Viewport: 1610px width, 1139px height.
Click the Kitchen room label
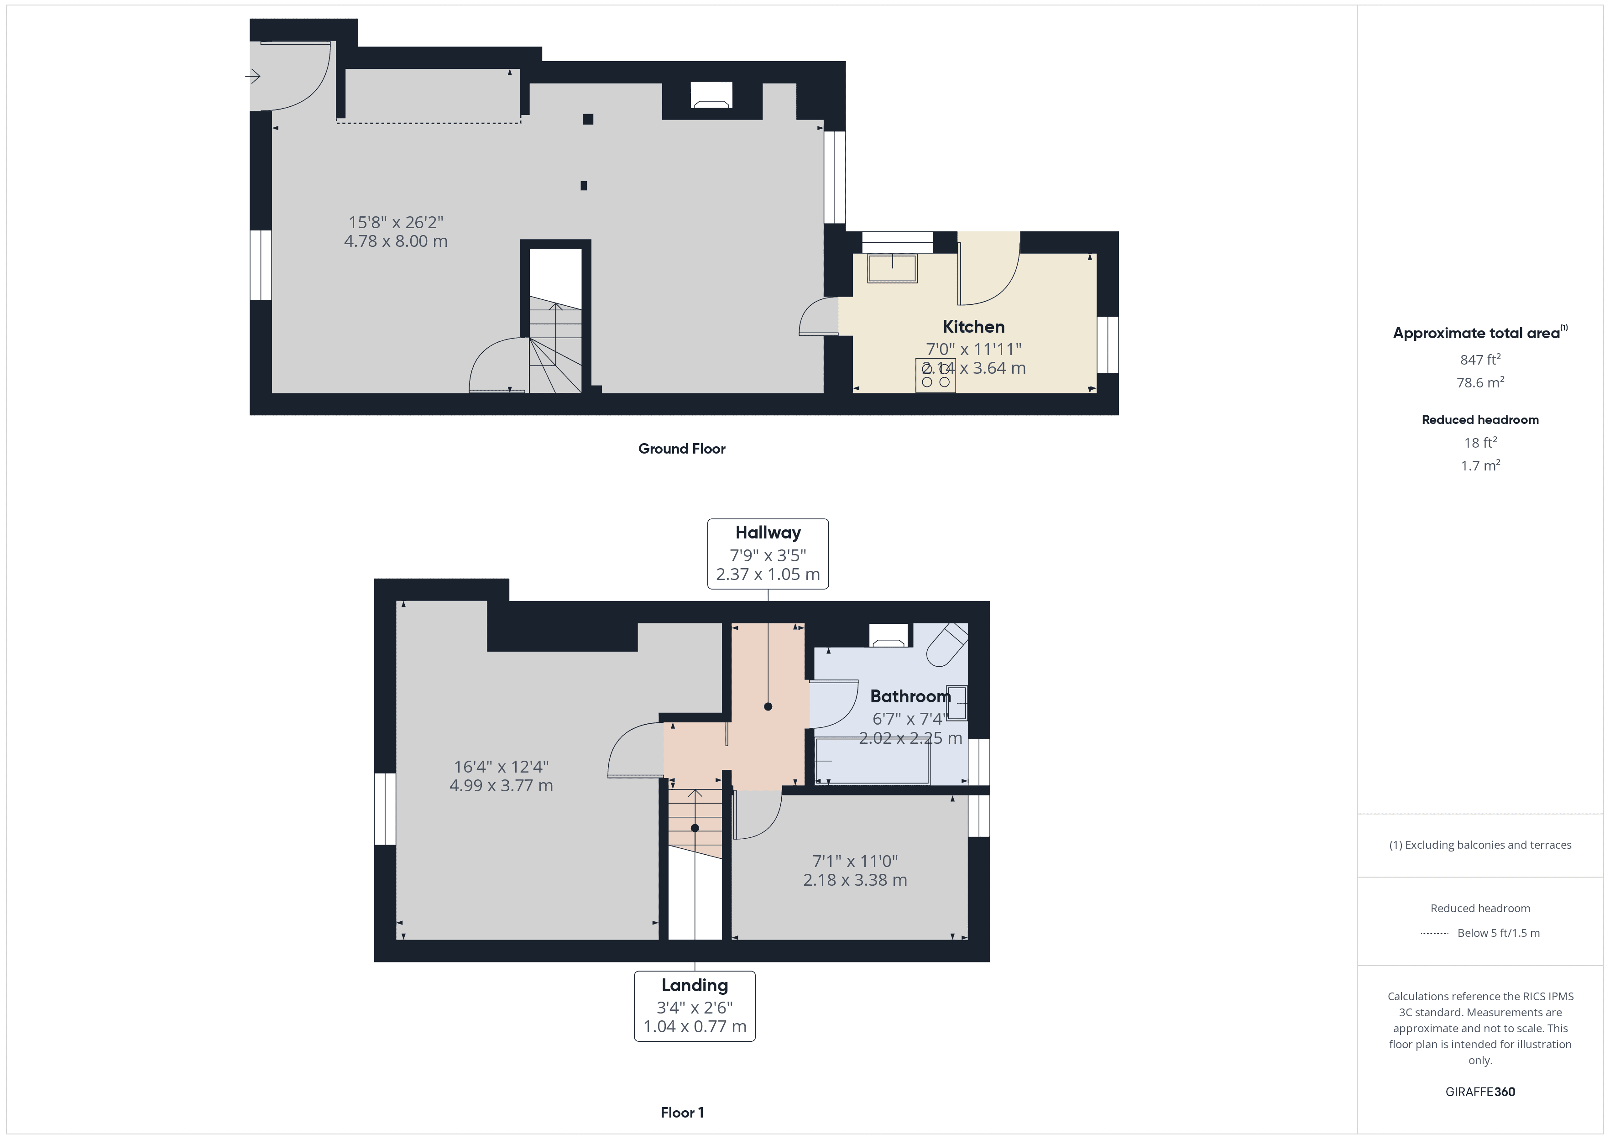[973, 327]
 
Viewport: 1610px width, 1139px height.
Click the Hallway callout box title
[768, 533]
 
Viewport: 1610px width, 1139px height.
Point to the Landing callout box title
[694, 985]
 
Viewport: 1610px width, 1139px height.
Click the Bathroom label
[910, 696]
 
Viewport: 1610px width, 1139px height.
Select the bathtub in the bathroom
[872, 762]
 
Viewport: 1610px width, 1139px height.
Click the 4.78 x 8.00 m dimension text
[396, 241]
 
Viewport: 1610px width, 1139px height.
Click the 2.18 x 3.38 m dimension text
[855, 880]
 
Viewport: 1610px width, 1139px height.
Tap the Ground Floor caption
[682, 449]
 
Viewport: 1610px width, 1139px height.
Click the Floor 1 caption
[682, 1113]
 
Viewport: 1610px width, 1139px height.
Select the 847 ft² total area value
[1479, 360]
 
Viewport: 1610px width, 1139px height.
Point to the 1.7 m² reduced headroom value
[1479, 466]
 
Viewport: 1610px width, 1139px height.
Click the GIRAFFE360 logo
[1479, 1092]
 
